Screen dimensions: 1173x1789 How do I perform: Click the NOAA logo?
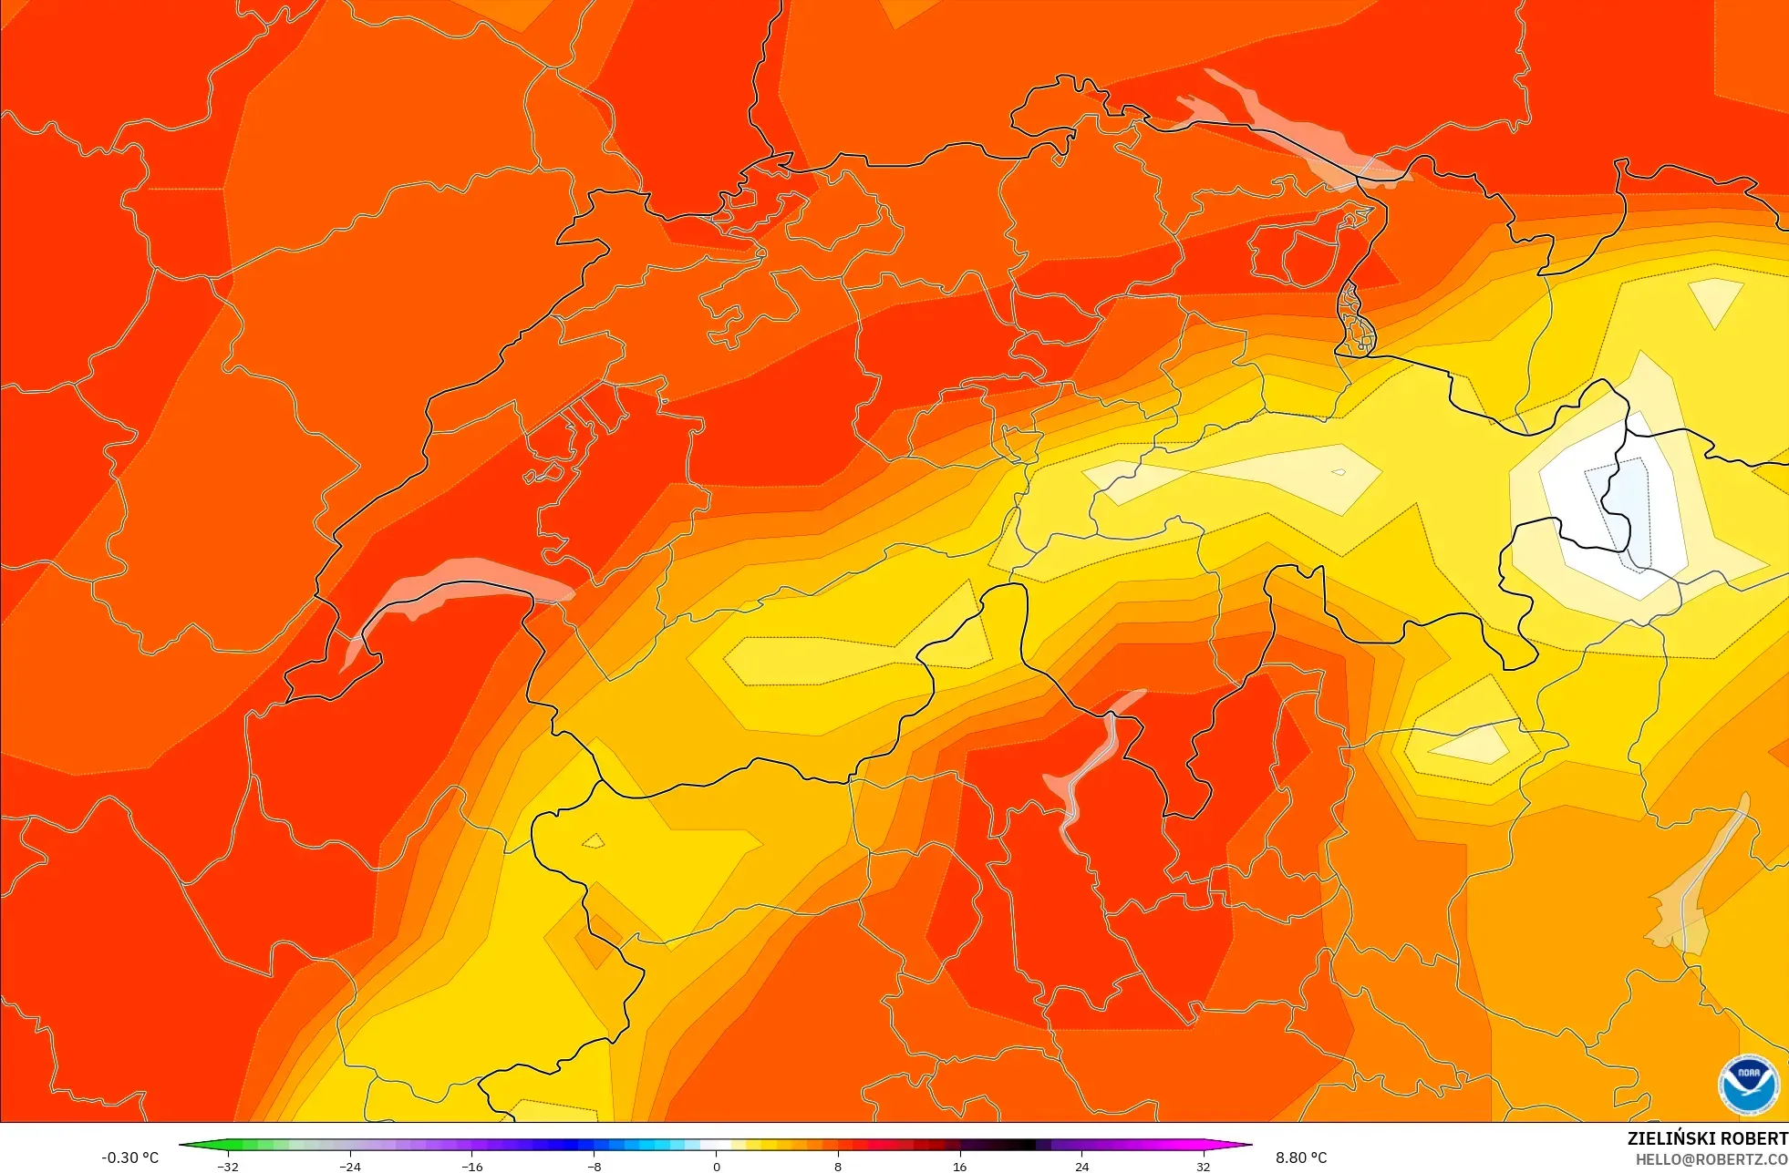1748,1084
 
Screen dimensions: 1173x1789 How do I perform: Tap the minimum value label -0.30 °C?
129,1158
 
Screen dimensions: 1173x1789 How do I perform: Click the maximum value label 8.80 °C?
1301,1158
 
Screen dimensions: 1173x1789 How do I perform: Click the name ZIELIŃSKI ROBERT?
1707,1138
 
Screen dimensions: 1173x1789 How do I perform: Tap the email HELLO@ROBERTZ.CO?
1711,1159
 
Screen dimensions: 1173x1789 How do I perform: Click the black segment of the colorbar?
1012,1145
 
